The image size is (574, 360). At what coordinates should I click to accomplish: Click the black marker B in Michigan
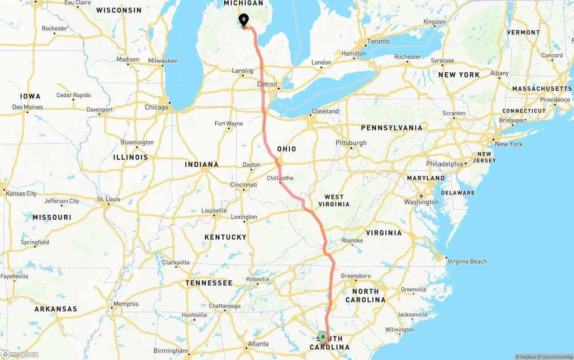coord(244,20)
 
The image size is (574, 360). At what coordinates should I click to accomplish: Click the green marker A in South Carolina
coord(323,337)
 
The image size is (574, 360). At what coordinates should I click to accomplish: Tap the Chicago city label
coord(157,107)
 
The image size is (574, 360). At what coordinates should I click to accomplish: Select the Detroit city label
coord(267,84)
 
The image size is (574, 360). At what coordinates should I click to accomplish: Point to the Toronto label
coord(378,41)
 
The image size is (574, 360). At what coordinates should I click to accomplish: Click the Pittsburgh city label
coord(351,143)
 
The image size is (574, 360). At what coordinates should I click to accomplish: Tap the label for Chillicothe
coord(280,178)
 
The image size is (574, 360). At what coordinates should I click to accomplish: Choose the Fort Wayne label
coord(229,124)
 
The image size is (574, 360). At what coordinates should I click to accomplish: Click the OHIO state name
coord(287,149)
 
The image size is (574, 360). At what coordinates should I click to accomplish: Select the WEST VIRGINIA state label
coord(334,200)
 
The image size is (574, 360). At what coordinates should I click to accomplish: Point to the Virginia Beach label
coord(467,261)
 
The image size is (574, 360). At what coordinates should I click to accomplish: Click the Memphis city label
coord(126,304)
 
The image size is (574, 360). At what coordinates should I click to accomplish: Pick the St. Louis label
coord(109,199)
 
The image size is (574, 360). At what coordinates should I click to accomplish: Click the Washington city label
coord(422,202)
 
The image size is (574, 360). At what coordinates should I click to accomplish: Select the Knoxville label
coord(258,279)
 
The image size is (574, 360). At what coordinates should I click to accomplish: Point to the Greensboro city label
coord(356,276)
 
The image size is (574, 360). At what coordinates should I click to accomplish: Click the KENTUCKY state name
coord(226,237)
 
